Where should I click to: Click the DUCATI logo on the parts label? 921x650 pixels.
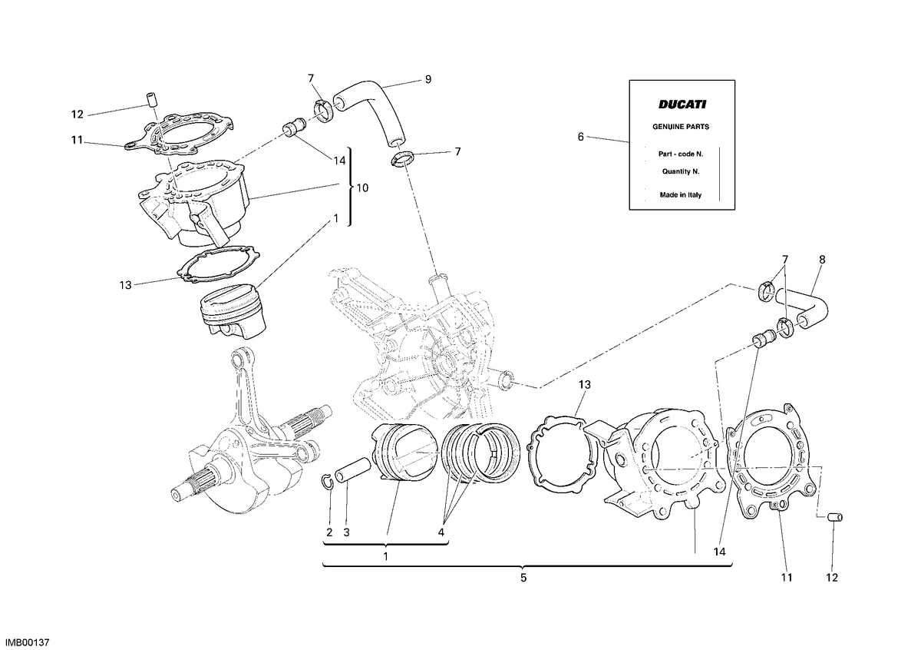pos(682,104)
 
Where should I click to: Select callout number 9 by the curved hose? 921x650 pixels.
pos(428,79)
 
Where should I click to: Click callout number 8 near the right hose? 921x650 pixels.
pos(822,260)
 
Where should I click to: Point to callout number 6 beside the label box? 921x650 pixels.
pos(580,137)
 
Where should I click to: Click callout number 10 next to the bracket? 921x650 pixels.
pos(362,188)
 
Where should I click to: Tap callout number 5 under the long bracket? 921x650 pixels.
pos(523,578)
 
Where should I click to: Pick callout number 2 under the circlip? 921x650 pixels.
pos(329,532)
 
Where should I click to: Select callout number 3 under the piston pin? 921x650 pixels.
pos(347,532)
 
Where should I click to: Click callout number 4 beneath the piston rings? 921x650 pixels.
pos(441,532)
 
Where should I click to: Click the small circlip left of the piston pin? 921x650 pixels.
pos(327,483)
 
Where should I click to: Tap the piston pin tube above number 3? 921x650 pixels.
pos(353,469)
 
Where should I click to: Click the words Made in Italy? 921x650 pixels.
pos(681,195)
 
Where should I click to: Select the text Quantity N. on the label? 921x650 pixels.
pos(681,171)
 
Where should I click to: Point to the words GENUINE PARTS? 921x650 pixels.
pos(681,127)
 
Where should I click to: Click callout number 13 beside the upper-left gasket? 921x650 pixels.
pos(125,285)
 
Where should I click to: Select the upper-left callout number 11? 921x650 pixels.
pos(78,141)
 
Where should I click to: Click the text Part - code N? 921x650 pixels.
pos(681,154)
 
